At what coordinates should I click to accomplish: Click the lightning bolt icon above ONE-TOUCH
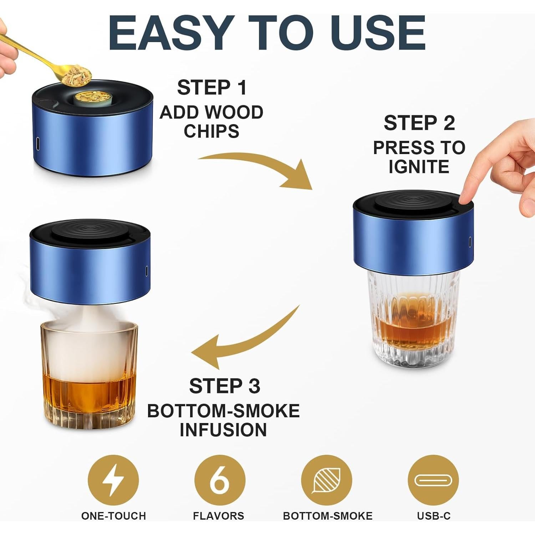pos(113,480)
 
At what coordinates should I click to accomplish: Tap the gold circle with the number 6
pos(220,480)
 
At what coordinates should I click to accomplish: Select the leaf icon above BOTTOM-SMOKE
pos(326,480)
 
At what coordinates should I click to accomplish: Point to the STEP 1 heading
pos(212,88)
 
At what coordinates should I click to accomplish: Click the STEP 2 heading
pos(419,123)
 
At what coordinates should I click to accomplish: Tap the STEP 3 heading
pos(224,386)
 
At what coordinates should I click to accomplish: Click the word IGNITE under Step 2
pos(419,167)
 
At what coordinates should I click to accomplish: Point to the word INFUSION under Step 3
pos(223,430)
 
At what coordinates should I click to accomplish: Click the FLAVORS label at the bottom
pos(218,516)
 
